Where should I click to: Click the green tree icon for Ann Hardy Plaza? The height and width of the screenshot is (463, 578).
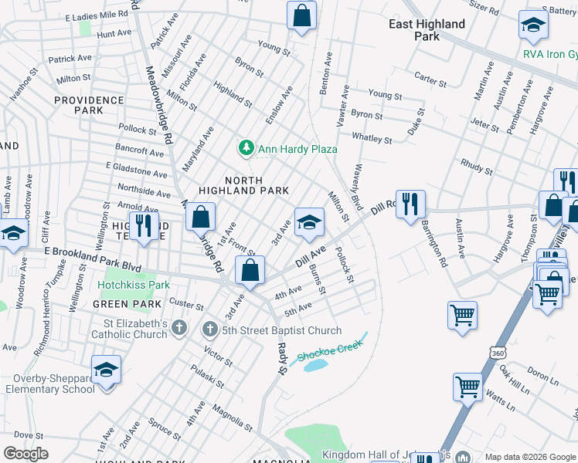(246, 147)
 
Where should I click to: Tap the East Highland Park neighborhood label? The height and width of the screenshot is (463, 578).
(427, 30)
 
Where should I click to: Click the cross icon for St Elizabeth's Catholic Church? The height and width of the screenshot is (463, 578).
(178, 327)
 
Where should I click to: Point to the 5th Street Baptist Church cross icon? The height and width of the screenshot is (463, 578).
(209, 330)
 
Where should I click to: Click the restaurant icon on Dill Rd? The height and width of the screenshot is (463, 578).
(410, 204)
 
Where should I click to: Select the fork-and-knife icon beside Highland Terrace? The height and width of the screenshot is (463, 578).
(143, 226)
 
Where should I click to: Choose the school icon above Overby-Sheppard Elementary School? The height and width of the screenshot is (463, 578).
(106, 370)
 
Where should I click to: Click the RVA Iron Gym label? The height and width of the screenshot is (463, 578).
(549, 54)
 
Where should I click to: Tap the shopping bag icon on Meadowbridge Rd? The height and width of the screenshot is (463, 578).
(200, 217)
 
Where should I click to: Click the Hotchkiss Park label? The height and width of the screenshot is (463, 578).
(134, 285)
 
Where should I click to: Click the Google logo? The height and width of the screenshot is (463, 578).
(25, 454)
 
